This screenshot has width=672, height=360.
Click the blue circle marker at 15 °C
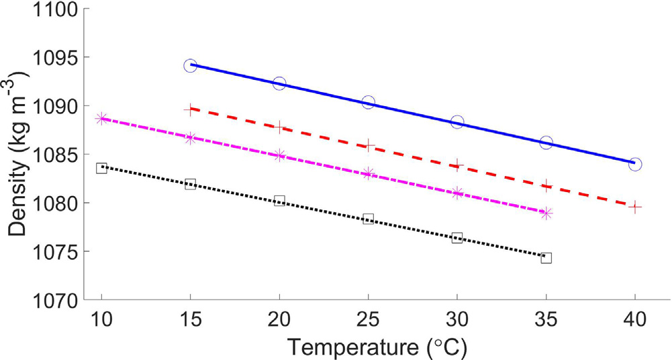190,66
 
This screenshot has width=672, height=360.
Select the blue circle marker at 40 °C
635,164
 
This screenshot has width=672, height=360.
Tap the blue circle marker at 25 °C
368,102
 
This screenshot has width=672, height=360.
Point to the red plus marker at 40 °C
635,207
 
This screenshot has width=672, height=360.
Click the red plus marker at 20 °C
279,126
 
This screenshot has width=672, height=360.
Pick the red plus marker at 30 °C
457,164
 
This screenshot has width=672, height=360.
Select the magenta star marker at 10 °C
101,118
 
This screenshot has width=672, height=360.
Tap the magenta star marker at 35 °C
546,214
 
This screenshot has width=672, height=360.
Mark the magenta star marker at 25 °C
368,174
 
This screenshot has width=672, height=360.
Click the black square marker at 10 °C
101,168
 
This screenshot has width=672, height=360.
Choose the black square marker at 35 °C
546,258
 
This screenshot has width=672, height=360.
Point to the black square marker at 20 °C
279,200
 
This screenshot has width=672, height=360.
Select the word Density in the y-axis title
21,190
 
